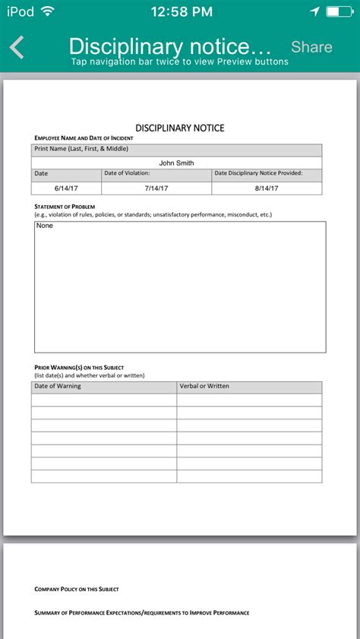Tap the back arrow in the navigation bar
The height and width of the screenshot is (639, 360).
tap(17, 47)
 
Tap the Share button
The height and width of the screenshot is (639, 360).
tap(311, 47)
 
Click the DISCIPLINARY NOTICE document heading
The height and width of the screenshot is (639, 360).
tap(180, 128)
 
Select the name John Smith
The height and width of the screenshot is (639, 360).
tap(176, 163)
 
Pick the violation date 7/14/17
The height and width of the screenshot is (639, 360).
tap(156, 188)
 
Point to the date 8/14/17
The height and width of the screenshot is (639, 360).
tap(267, 188)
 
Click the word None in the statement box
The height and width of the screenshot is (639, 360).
tap(45, 226)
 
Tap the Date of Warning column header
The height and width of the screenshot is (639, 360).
tap(58, 387)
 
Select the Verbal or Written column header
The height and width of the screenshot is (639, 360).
tap(204, 387)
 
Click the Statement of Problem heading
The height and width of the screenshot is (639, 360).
tap(65, 207)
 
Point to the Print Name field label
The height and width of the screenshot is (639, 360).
tap(81, 149)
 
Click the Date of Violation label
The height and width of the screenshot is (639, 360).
tap(127, 173)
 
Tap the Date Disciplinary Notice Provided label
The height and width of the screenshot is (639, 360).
tap(258, 173)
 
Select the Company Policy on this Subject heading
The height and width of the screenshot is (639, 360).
tap(77, 589)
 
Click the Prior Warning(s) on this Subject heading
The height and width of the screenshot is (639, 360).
tap(79, 368)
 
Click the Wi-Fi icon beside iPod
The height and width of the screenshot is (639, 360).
tap(48, 11)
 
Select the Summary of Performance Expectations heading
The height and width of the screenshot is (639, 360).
tap(142, 612)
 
